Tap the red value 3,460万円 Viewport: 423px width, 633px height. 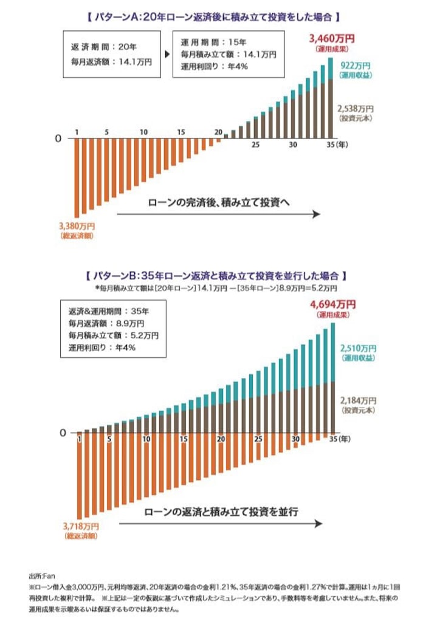click(332, 39)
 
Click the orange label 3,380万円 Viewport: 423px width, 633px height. click(77, 225)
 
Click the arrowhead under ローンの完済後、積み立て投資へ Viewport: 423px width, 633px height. click(315, 214)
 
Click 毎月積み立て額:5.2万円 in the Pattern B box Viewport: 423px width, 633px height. click(115, 335)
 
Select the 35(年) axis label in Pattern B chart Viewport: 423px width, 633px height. click(338, 438)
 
